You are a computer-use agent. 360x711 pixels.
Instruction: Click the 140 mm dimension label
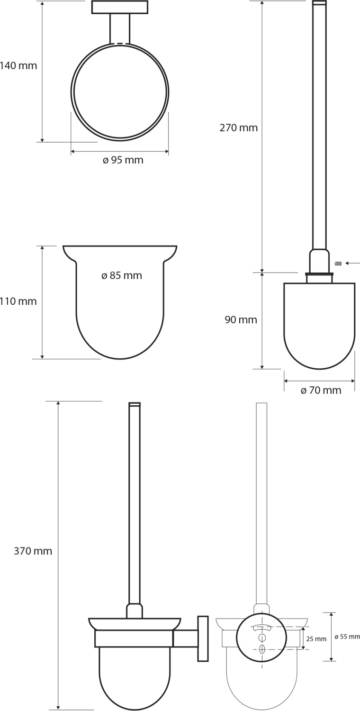[x=18, y=66]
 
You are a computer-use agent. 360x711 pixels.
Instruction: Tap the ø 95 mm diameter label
[x=123, y=160]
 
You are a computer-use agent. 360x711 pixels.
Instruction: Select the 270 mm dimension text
[x=239, y=128]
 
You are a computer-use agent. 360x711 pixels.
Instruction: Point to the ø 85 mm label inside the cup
[x=122, y=275]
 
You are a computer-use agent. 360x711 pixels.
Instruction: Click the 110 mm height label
[x=18, y=301]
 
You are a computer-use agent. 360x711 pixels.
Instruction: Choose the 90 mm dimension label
[x=241, y=319]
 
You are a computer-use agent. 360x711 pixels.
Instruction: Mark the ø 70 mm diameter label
[x=321, y=390]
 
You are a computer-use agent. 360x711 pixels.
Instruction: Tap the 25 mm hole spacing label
[x=316, y=639]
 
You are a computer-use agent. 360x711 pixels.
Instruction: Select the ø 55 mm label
[x=347, y=637]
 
